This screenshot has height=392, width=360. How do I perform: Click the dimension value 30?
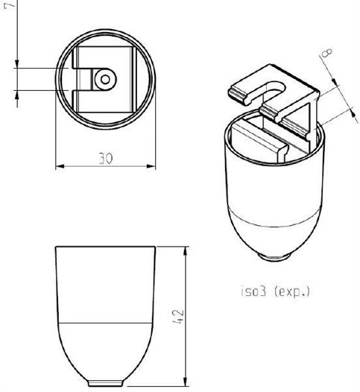point(106,158)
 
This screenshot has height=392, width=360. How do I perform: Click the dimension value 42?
point(178,317)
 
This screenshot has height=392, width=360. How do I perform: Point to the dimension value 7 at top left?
point(10,4)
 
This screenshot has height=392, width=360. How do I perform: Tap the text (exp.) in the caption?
point(292,291)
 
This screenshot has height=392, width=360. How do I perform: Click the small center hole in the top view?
point(106,80)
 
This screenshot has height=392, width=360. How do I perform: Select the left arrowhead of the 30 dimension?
point(60,166)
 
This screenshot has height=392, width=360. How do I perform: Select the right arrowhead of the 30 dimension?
point(151,166)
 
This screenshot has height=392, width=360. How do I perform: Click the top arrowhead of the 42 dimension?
point(186,251)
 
